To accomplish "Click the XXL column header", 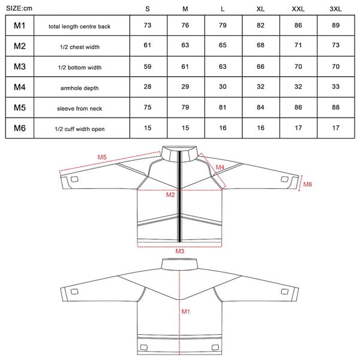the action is tap(298, 9).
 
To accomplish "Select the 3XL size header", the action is tap(335, 9).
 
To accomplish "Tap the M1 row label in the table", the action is tap(20, 25).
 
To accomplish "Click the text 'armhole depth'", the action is tap(79, 88).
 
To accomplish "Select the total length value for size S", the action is tap(148, 25).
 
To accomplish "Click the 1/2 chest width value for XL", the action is tap(260, 45).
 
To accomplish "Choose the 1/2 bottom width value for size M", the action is tap(185, 67).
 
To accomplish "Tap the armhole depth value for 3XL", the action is tap(335, 86).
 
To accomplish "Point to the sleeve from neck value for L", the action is tap(223, 107).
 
